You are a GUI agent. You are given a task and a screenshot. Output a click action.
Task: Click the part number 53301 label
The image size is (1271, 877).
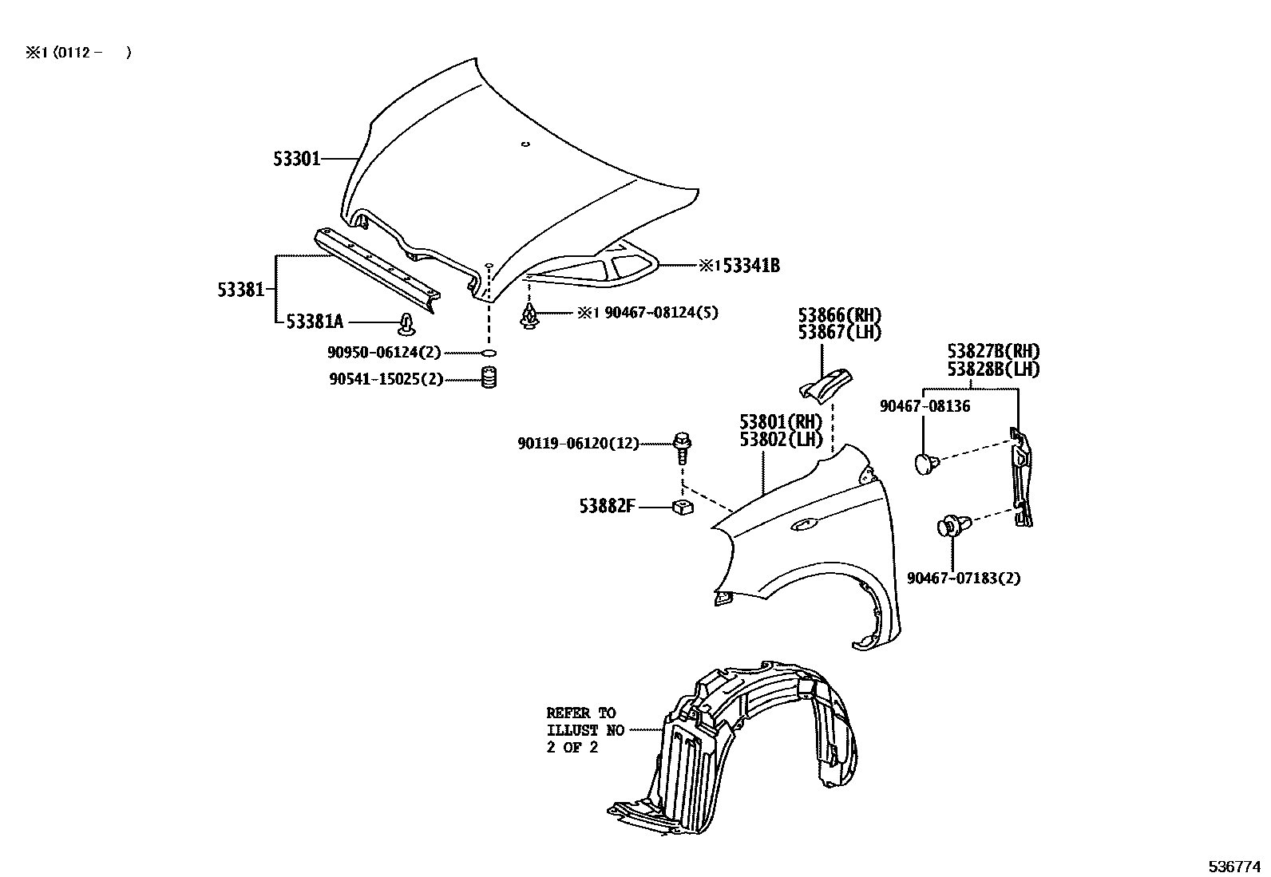(296, 160)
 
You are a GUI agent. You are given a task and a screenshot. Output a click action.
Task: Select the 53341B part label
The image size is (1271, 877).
(750, 266)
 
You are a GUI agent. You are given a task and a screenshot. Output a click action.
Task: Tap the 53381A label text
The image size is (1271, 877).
(315, 322)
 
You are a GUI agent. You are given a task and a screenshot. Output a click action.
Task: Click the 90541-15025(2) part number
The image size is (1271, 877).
(386, 380)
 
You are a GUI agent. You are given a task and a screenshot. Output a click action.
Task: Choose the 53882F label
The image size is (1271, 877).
(607, 506)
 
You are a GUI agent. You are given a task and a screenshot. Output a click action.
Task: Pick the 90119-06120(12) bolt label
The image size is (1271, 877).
(578, 443)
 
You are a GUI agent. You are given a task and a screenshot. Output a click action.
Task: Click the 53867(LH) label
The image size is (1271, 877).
(839, 333)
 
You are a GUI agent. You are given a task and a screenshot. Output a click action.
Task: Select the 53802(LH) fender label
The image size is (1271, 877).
(780, 439)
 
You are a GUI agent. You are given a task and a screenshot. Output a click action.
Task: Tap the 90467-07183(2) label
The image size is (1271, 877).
(963, 578)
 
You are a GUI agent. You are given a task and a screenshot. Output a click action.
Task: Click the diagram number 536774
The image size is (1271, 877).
(1234, 866)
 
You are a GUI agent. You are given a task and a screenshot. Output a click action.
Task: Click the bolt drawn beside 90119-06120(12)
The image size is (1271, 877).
(683, 447)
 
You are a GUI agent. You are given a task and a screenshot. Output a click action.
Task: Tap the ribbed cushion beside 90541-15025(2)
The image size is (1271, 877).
(489, 377)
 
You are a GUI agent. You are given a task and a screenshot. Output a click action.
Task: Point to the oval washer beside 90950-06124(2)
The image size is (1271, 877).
(489, 352)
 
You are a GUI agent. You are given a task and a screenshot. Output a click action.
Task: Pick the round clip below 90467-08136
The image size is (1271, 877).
(924, 464)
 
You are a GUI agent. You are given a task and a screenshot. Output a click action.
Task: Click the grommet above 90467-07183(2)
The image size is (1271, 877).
(952, 526)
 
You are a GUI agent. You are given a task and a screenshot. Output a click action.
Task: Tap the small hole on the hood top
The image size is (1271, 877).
(525, 144)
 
